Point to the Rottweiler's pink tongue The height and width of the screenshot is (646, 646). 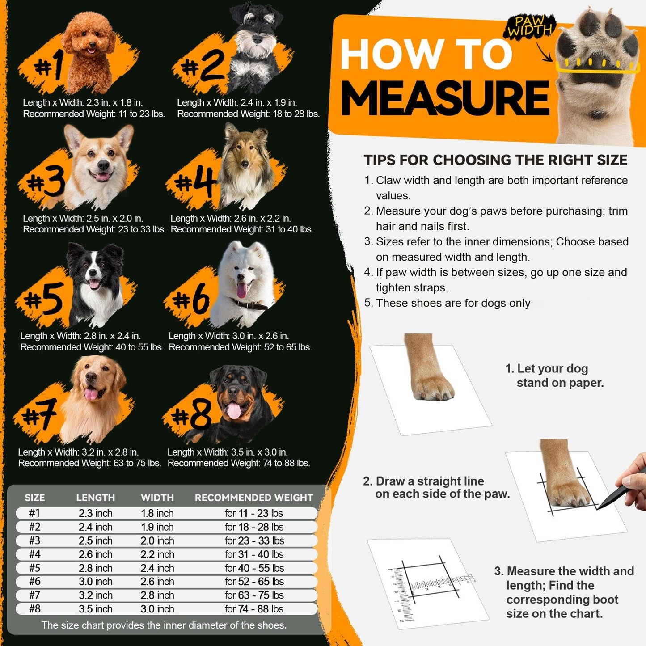234,410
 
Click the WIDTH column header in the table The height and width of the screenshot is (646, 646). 157,498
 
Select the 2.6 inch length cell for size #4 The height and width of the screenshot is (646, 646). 95,554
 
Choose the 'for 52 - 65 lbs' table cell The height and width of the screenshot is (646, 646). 254,582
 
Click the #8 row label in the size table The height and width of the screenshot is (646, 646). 34,609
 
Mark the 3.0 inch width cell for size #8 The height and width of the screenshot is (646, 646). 157,609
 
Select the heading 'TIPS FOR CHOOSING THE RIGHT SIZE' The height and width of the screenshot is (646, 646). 495,160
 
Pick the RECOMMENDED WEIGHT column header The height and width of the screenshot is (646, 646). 253,498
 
